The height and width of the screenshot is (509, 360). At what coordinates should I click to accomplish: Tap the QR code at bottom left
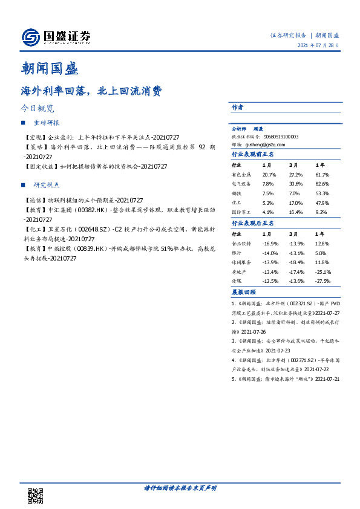click(x=36, y=494)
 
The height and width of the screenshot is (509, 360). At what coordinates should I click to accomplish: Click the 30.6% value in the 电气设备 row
click(x=295, y=184)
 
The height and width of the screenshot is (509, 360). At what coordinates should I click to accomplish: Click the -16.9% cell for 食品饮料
click(x=269, y=243)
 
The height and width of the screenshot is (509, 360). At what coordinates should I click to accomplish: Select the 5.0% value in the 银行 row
click(x=321, y=253)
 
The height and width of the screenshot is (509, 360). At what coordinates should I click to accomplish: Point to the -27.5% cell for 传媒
click(x=323, y=282)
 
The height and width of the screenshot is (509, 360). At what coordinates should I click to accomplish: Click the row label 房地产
click(x=239, y=272)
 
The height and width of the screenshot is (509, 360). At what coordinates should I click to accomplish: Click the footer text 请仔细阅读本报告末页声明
click(x=180, y=487)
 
